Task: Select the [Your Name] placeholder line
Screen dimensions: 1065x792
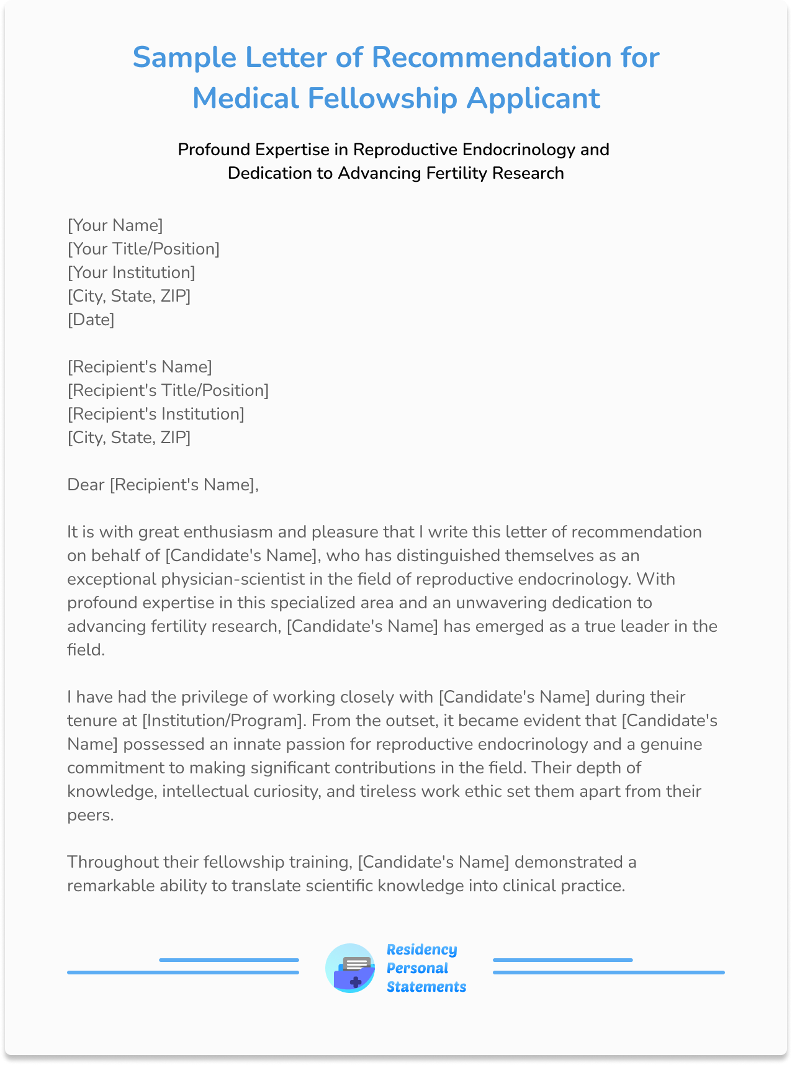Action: [115, 225]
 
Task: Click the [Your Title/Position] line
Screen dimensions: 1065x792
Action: [143, 249]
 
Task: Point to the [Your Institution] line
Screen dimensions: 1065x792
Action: [131, 272]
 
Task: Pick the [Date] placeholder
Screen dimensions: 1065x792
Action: [91, 320]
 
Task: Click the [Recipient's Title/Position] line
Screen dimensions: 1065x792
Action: [168, 390]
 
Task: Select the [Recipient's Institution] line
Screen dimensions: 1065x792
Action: [156, 414]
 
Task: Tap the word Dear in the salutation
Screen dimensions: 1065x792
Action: [86, 485]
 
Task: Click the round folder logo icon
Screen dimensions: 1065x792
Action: [350, 968]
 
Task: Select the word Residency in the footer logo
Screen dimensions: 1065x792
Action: [421, 950]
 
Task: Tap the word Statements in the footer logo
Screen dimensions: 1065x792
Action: [426, 987]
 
